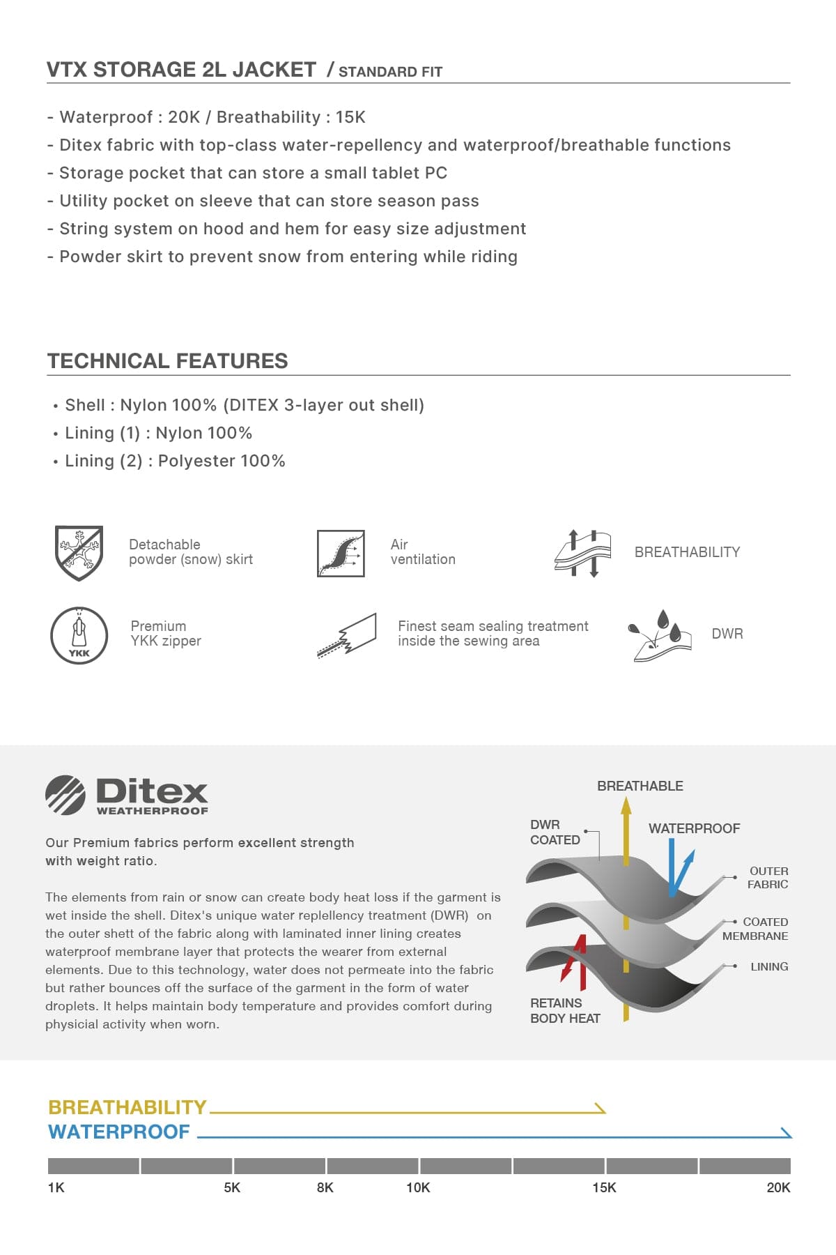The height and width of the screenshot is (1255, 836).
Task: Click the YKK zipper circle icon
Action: [x=79, y=635]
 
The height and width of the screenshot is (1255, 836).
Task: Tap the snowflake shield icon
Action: [x=79, y=552]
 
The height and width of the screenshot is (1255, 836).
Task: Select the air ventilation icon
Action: [x=341, y=553]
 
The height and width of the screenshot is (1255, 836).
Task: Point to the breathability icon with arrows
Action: [x=582, y=553]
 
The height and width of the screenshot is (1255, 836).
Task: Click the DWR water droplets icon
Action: [x=660, y=635]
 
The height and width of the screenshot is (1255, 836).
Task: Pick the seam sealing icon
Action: [x=347, y=635]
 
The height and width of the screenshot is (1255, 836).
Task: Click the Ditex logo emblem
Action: [x=65, y=795]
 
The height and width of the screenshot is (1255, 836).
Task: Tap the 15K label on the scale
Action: [x=604, y=1187]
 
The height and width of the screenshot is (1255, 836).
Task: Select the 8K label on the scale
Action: [x=325, y=1187]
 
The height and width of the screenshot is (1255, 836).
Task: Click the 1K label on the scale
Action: [x=56, y=1187]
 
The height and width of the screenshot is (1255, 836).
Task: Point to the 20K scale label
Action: [x=778, y=1187]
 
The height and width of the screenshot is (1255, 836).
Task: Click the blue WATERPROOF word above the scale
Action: [x=119, y=1132]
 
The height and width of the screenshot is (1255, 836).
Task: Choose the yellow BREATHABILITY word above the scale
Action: [x=127, y=1107]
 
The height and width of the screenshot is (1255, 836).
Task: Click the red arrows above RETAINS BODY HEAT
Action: [x=575, y=962]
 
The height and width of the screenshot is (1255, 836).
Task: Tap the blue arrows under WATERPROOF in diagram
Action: [x=679, y=870]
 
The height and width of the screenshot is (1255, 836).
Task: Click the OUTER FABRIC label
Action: [x=768, y=878]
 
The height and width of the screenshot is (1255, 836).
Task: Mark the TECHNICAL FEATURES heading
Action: [x=167, y=360]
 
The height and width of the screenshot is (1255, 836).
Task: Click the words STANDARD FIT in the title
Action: [x=390, y=72]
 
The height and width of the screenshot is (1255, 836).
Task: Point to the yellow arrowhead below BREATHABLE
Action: [x=626, y=806]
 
